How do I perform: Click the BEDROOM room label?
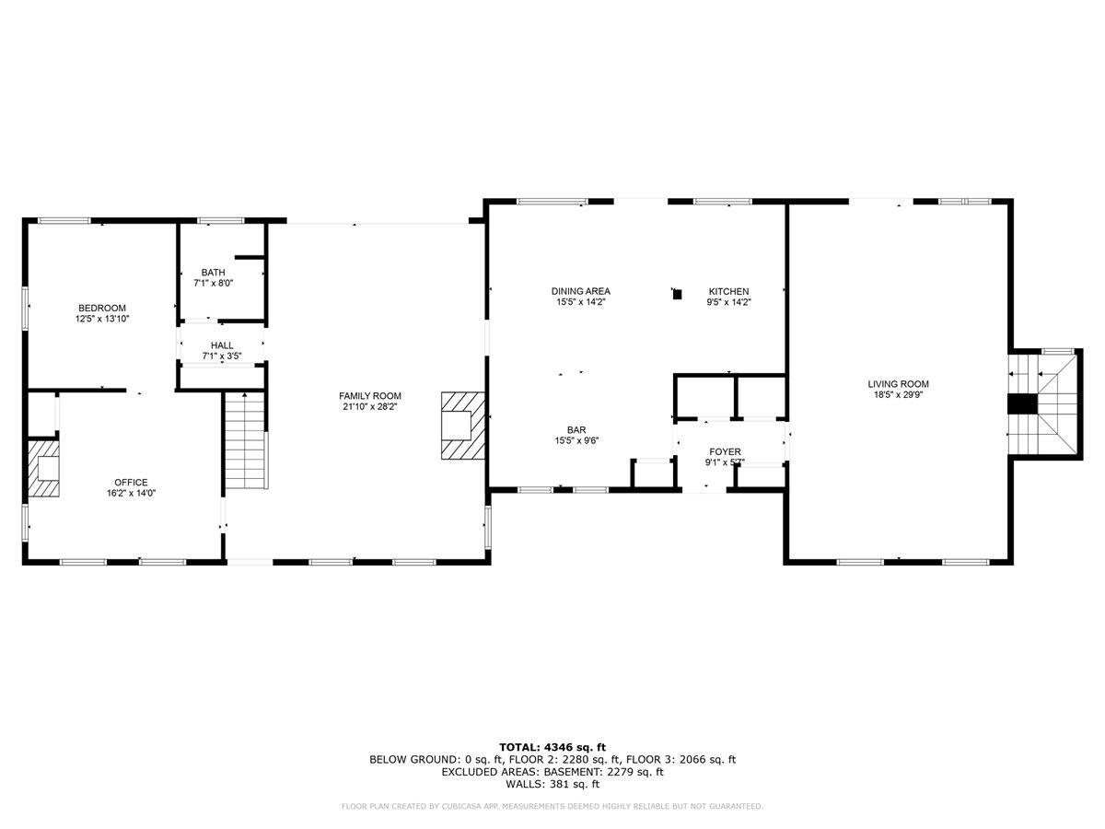point(101,308)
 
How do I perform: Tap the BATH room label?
point(214,273)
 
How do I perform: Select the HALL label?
point(222,345)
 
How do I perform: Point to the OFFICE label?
point(131,482)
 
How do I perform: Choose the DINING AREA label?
point(581,291)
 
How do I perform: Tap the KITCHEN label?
point(728,291)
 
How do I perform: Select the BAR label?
point(576,429)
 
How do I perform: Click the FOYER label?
point(725,451)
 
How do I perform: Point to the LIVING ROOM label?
point(898,384)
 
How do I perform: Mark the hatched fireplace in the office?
point(43,470)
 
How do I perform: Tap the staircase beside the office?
point(246,440)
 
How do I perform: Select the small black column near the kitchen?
point(678,294)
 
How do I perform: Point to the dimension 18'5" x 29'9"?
point(898,395)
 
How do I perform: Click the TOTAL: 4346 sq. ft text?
point(552,747)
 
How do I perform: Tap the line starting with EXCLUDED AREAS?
point(552,772)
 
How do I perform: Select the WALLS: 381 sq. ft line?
point(552,785)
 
